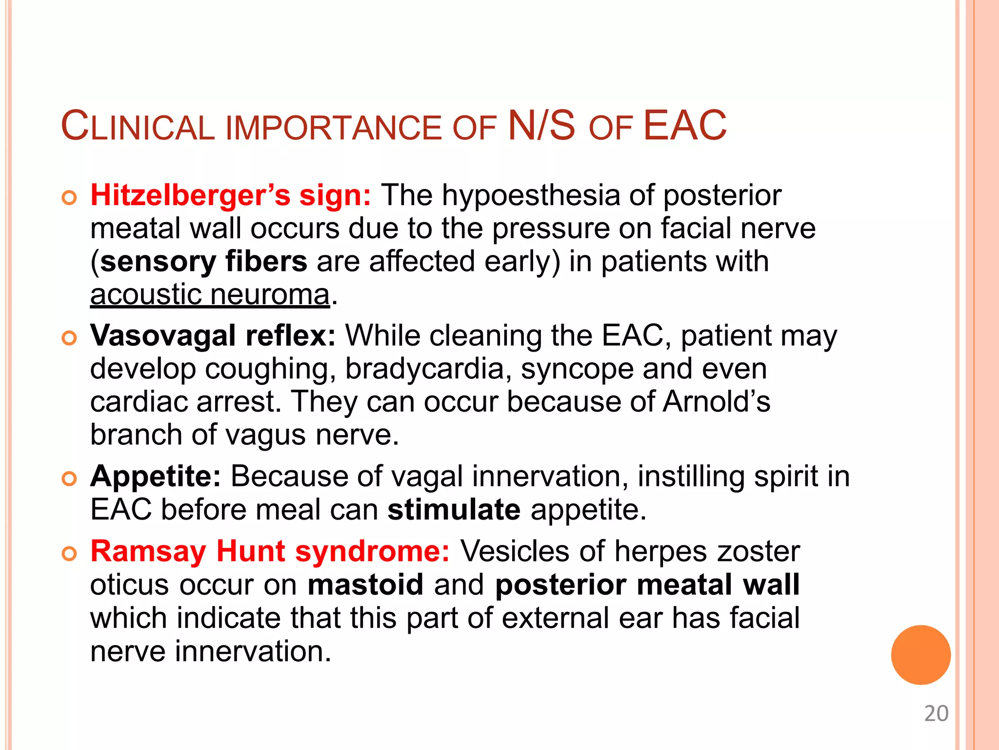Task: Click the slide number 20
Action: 936,713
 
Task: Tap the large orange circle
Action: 920,655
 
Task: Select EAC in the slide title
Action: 684,126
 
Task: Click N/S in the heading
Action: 541,126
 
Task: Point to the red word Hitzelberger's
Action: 190,195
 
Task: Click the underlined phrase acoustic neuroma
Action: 210,294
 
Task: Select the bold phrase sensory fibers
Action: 204,261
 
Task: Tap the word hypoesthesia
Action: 531,195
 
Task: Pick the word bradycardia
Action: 424,369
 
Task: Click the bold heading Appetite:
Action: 156,476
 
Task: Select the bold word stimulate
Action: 454,510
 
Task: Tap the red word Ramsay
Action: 148,551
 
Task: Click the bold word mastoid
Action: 365,585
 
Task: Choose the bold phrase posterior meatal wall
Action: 647,585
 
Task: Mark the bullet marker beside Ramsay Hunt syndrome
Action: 70,553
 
